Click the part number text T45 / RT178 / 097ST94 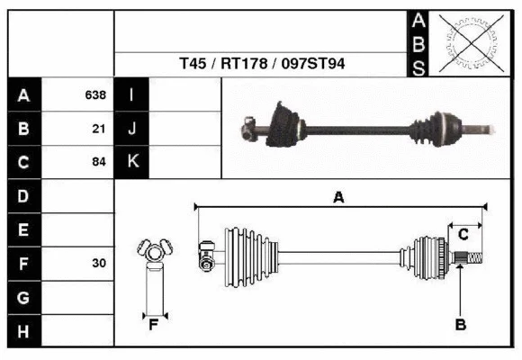(262, 65)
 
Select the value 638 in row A (95, 94)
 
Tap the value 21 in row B (99, 129)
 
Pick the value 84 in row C (99, 163)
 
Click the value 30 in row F (99, 264)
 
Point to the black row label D (23, 195)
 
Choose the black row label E (23, 229)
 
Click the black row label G (23, 297)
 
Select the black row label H (23, 331)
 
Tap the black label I (131, 94)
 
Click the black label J (131, 129)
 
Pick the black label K (131, 163)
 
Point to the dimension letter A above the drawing (338, 198)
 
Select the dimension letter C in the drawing (463, 234)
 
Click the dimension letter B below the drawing (460, 325)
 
